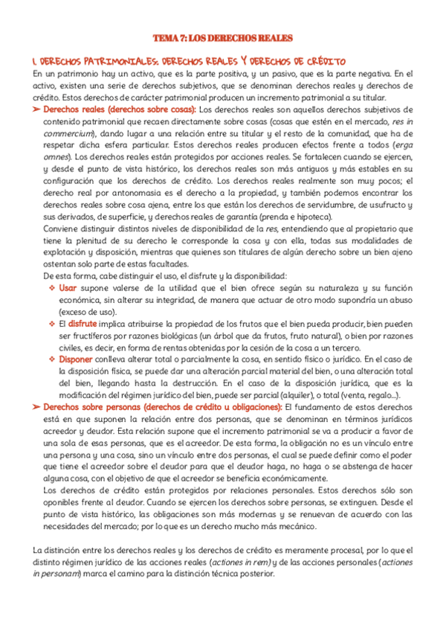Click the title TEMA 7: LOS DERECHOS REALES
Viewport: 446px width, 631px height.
tap(223, 38)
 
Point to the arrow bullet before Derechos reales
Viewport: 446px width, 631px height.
tap(37, 110)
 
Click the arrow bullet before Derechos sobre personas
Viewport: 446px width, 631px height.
tap(37, 407)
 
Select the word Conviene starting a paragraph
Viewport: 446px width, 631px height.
tap(61, 228)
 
